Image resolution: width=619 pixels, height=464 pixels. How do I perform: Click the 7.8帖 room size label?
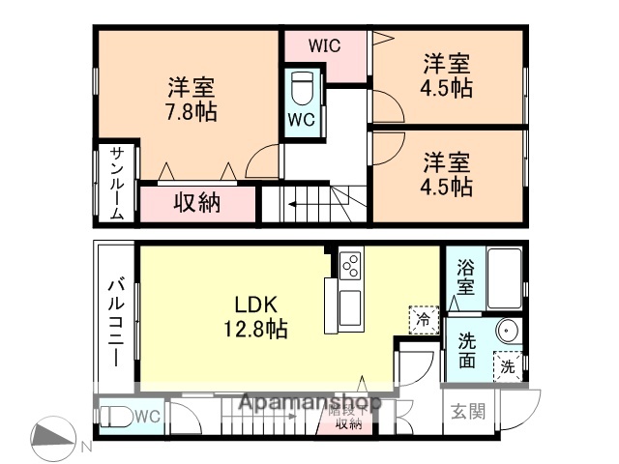pyautogui.click(x=190, y=111)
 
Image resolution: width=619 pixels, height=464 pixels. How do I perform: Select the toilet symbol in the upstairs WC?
pyautogui.click(x=301, y=88)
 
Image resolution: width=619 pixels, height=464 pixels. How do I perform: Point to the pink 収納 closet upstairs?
pyautogui.click(x=197, y=203)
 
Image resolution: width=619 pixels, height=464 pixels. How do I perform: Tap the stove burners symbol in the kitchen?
pyautogui.click(x=350, y=263)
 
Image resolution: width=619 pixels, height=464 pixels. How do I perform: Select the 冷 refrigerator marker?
pyautogui.click(x=423, y=318)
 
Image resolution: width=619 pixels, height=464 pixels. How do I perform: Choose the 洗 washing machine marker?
pyautogui.click(x=507, y=365)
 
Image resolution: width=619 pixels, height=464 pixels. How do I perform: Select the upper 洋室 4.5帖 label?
pyautogui.click(x=447, y=75)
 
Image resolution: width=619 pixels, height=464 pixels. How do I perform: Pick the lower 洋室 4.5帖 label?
pyautogui.click(x=447, y=172)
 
